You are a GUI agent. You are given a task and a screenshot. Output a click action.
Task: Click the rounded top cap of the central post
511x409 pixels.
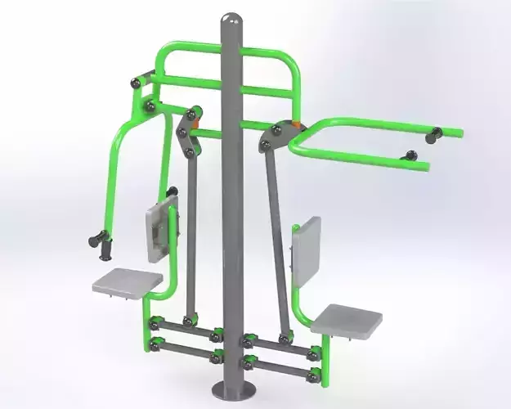pos(232,20)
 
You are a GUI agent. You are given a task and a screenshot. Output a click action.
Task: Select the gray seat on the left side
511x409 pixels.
pos(127,281)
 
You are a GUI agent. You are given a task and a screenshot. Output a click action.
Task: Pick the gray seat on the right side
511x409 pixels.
pos(346,318)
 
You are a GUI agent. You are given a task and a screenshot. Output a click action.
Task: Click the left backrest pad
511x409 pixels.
pos(160,222)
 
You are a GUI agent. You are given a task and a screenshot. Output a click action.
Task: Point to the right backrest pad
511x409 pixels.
pos(306,242)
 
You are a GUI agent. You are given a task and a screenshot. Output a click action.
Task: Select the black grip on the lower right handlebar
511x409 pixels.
pos(409,156)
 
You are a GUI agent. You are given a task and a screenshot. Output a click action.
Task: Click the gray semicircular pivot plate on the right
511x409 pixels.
pos(274,135)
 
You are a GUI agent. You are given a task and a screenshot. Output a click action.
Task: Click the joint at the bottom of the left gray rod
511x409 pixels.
pos(189,321)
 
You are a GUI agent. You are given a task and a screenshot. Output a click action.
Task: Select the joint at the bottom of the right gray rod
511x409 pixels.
pos(284,338)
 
